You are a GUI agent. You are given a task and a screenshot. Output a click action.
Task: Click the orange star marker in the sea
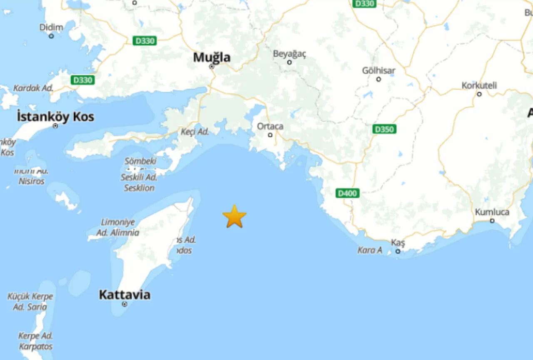click(234, 216)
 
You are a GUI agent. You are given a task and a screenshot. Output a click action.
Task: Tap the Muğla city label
click(212, 57)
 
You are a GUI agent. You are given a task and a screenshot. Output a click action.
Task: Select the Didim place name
click(51, 27)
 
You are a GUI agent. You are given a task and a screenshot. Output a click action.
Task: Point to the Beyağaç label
click(289, 54)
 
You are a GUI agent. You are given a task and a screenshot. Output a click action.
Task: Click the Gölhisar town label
click(379, 70)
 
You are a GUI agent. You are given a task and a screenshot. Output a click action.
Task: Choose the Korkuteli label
click(479, 85)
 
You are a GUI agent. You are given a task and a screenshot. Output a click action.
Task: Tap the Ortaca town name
click(270, 126)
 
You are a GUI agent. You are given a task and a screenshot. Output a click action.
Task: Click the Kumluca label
click(492, 212)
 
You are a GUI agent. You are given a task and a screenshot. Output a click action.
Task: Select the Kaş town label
click(398, 243)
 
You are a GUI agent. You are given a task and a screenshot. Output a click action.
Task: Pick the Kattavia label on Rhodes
click(125, 295)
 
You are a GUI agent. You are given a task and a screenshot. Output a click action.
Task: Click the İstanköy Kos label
click(55, 117)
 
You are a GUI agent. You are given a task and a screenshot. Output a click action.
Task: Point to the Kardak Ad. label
click(33, 88)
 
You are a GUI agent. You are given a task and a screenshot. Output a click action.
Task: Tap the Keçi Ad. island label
click(194, 132)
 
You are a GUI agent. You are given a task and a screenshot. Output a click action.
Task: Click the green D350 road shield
click(384, 129)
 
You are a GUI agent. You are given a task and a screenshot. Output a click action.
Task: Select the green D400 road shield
click(348, 193)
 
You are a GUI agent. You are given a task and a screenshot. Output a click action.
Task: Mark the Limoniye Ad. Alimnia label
click(118, 227)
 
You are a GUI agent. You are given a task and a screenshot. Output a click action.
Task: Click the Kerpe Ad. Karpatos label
click(35, 341)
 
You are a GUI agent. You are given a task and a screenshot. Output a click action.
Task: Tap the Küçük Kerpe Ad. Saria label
click(30, 302)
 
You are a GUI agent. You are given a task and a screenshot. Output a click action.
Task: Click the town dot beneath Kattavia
click(124, 304)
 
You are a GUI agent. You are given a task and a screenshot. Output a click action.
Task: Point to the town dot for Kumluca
click(492, 221)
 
